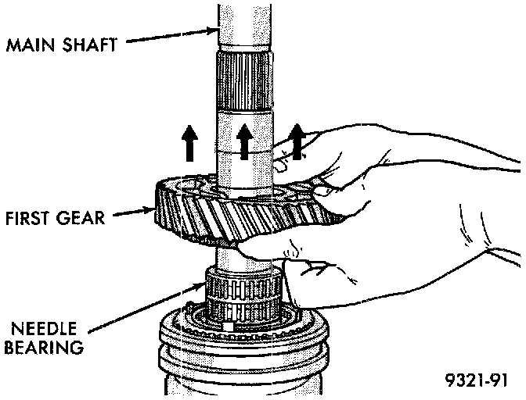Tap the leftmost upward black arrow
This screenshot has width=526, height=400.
[189, 143]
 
